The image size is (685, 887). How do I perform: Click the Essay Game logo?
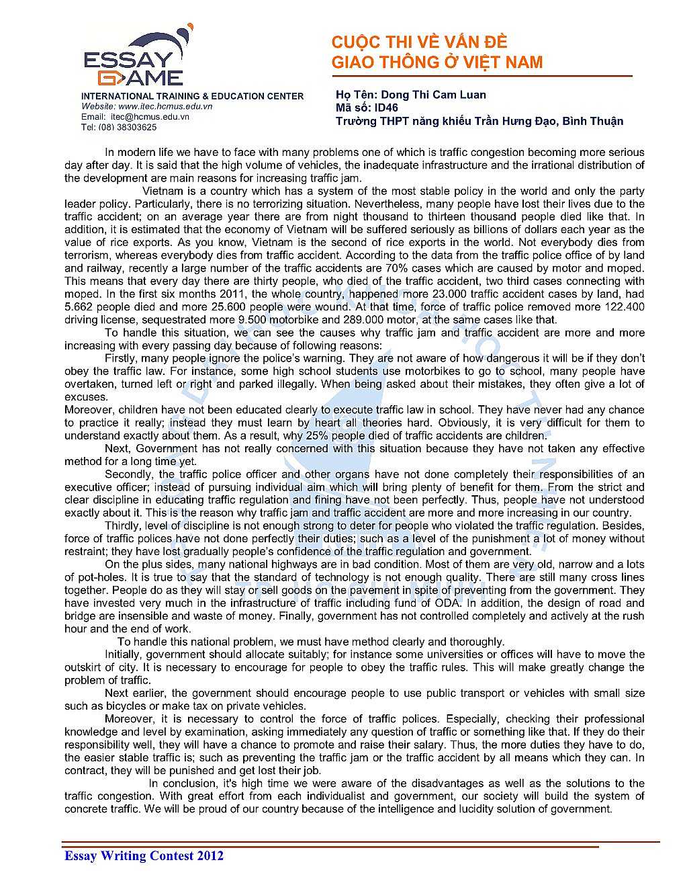[134, 59]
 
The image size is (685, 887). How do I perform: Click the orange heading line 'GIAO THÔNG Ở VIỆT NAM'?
[437, 62]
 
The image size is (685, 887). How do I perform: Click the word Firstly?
[122, 358]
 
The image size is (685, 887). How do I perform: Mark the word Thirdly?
[123, 525]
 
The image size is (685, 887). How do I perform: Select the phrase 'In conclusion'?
[179, 784]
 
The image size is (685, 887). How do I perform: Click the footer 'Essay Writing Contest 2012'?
[144, 855]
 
